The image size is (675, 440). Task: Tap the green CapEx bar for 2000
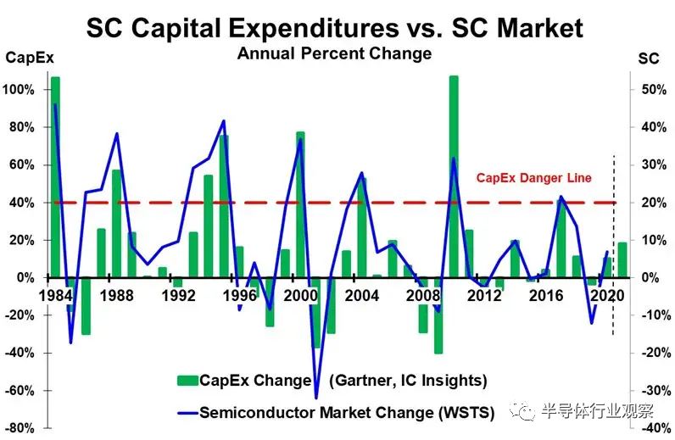pos(300,203)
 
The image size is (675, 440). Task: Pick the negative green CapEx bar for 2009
pos(438,315)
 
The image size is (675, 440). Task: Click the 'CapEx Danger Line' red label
pos(533,178)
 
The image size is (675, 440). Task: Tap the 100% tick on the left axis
pos(20,90)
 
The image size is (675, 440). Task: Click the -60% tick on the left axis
pos(20,391)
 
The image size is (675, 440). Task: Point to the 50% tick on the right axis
pos(648,90)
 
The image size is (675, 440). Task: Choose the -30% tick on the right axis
pos(648,391)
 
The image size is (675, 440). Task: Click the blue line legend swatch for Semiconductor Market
pos(185,413)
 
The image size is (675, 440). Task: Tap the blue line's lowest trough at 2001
pos(316,397)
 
